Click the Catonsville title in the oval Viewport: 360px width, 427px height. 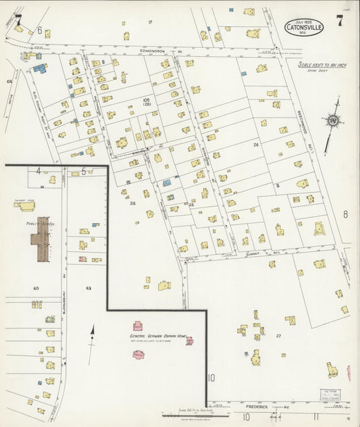tap(304, 28)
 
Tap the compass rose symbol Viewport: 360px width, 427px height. tap(332, 122)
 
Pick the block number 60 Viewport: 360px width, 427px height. tap(36, 288)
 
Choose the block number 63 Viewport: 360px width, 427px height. tap(88, 288)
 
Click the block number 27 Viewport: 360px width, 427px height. tap(278, 335)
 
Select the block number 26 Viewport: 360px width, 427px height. tap(256, 145)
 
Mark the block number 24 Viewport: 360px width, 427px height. tap(132, 203)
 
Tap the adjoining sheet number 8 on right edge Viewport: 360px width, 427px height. tap(344, 214)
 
